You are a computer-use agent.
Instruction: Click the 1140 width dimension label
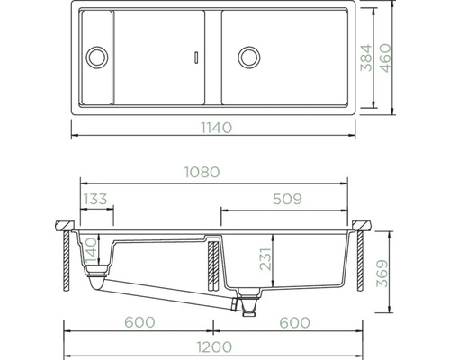coord(216,128)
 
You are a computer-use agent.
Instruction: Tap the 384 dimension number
coord(366,58)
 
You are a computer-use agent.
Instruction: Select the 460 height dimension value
coord(385,58)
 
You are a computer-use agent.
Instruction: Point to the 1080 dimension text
coord(202,172)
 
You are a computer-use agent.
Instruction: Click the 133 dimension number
coord(95,199)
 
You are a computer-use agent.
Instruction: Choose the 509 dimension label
coord(287,199)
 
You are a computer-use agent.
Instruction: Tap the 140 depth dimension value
coord(92,251)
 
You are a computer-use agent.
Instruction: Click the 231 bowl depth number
coord(265,259)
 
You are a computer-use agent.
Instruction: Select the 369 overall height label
coord(382,274)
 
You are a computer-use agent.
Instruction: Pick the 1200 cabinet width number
coord(214,346)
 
